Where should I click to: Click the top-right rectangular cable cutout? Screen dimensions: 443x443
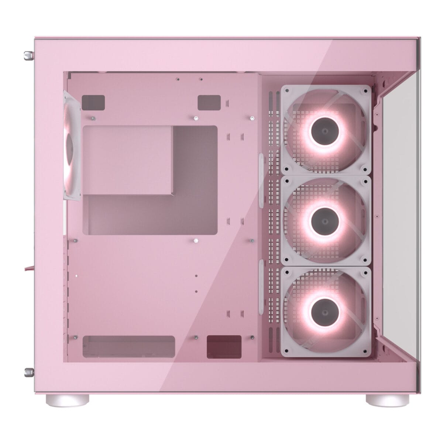pos(209,102)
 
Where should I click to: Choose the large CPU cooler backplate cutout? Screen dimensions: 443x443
pos(150,180)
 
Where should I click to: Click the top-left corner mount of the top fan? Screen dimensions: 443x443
pos(286,90)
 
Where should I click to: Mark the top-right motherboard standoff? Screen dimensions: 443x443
pos(252,118)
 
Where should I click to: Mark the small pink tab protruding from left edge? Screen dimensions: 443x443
pos(29,267)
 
